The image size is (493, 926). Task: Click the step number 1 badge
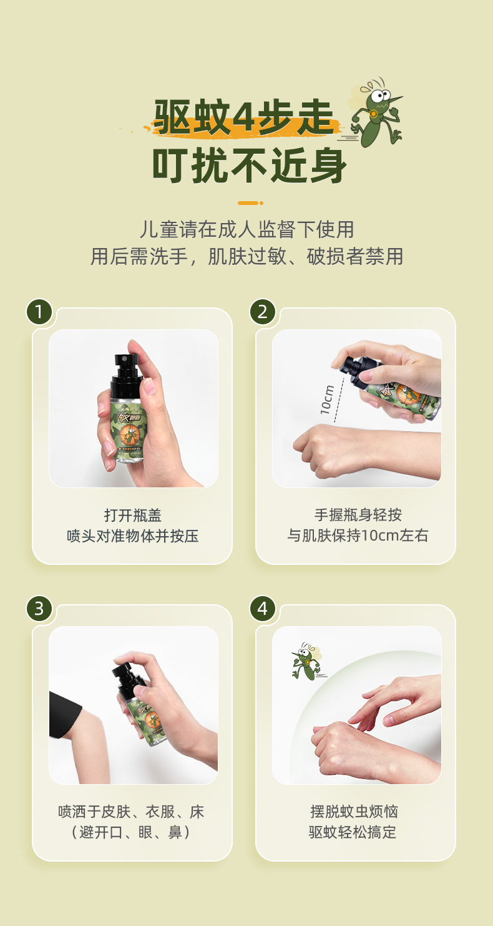click(x=39, y=312)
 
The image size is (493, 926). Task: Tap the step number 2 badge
click(x=263, y=312)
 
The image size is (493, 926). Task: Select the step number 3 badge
click(x=39, y=609)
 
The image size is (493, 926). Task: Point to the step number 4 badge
click(x=263, y=609)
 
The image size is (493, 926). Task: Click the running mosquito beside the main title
click(x=375, y=112)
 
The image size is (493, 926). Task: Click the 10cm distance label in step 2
click(x=327, y=399)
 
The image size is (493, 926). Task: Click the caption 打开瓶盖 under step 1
click(x=132, y=515)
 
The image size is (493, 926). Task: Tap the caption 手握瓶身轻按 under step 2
click(x=358, y=515)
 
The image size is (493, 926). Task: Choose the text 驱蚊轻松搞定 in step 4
click(x=353, y=832)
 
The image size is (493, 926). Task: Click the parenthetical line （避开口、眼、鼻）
click(x=131, y=832)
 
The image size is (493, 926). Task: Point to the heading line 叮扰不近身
click(x=249, y=165)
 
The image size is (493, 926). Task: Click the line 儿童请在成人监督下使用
click(x=247, y=229)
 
